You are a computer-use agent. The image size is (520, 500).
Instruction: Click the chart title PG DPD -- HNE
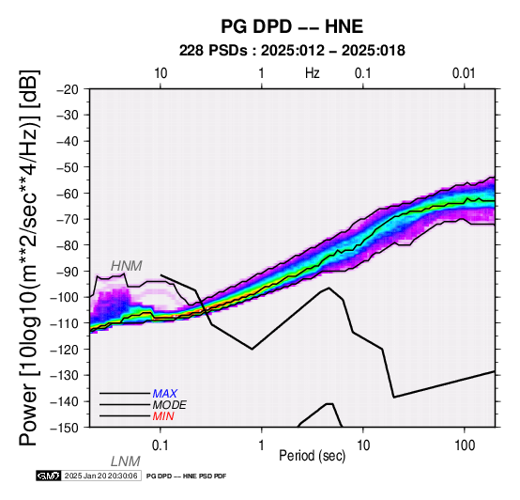point(292,26)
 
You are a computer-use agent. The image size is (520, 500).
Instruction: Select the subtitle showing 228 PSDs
point(292,51)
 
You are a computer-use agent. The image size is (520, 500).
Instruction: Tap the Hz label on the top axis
point(312,73)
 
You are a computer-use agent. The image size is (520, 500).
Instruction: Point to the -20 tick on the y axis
point(69,89)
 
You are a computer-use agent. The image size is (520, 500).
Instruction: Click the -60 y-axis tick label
point(69,194)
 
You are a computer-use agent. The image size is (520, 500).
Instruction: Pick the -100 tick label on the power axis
point(66,297)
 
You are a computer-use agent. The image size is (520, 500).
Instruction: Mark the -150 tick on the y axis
point(66,428)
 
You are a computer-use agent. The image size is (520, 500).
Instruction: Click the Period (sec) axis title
point(312,456)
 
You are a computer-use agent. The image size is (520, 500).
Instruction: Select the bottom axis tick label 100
point(465,445)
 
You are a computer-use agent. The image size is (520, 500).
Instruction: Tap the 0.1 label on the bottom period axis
point(161,445)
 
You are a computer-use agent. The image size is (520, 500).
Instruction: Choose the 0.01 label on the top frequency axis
point(464,73)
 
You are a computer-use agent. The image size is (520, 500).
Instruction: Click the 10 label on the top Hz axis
point(161,73)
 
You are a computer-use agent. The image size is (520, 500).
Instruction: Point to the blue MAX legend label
point(165,394)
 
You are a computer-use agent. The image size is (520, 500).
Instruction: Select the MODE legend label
point(170,405)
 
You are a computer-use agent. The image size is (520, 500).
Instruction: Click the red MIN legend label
point(163,416)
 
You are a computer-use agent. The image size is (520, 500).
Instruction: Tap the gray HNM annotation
point(127,266)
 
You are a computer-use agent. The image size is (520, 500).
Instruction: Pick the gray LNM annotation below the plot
point(126,461)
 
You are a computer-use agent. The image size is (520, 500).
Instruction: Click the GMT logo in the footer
point(49,476)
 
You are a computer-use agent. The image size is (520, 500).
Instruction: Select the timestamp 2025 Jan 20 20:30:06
point(100,476)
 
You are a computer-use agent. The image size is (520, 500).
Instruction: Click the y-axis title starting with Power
point(29,258)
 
